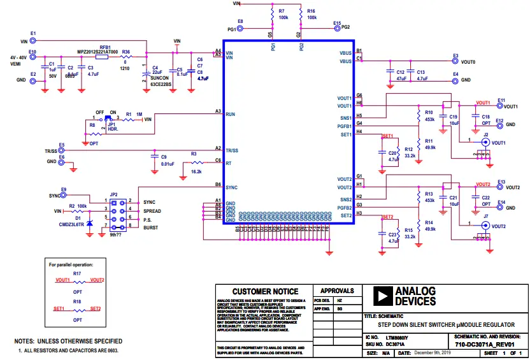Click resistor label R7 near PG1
click(x=282, y=11)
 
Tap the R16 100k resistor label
click(x=311, y=11)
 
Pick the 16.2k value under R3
click(x=196, y=172)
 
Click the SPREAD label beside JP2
click(x=152, y=210)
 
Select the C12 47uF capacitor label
click(x=400, y=73)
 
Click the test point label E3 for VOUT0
click(x=455, y=56)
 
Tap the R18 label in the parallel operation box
click(x=77, y=301)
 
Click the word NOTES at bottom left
click(x=28, y=342)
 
